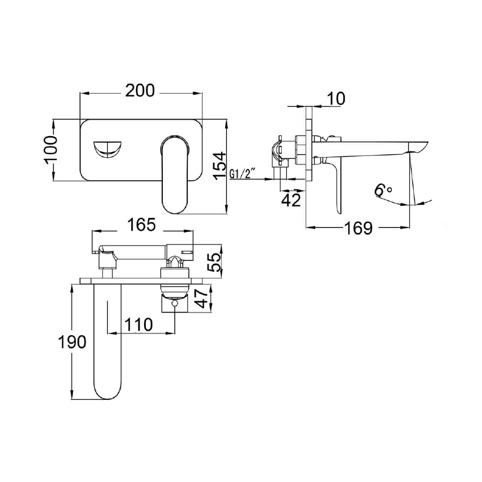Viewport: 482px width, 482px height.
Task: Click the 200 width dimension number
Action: click(140, 91)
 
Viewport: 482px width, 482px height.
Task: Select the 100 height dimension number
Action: click(50, 150)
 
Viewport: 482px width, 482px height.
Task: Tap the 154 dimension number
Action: click(219, 166)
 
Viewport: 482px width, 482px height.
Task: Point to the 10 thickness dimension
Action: click(336, 98)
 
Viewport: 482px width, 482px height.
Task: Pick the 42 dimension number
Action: click(291, 200)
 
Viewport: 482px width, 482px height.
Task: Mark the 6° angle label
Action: click(383, 190)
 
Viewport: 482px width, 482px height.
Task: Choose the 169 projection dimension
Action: click(358, 228)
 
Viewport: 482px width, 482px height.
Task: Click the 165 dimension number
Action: click(142, 225)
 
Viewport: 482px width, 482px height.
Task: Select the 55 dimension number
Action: click(214, 262)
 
